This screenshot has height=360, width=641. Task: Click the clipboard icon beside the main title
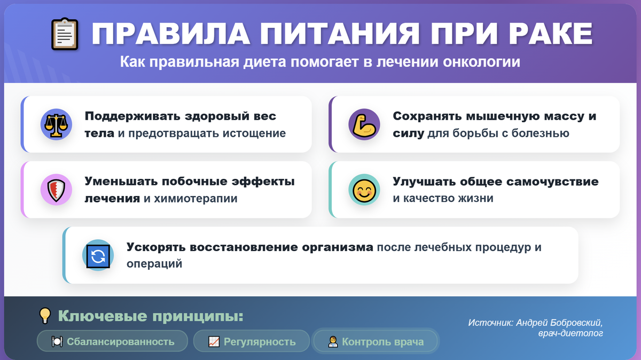tap(65, 35)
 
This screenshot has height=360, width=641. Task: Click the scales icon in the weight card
tap(56, 124)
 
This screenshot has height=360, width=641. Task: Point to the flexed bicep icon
tap(364, 124)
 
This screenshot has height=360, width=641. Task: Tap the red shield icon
tap(56, 190)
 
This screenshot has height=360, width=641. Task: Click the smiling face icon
tap(364, 190)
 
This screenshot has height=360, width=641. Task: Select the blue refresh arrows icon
tap(98, 255)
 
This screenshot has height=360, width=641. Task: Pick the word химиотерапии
tap(196, 199)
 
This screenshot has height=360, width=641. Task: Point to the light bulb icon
tap(45, 316)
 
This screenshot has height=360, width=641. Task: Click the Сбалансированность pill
tap(113, 341)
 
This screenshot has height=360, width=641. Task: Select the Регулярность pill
tap(252, 341)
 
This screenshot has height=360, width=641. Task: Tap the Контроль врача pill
tap(376, 341)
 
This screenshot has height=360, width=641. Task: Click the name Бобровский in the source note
tap(576, 323)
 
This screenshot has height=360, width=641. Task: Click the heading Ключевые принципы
tap(150, 316)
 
